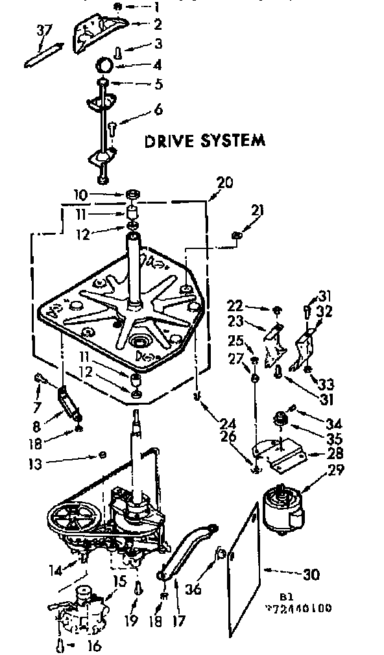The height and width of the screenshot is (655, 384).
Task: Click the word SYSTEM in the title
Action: [x=232, y=140]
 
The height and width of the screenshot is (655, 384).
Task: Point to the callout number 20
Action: [x=225, y=182]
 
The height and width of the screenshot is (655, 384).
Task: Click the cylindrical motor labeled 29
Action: [x=283, y=510]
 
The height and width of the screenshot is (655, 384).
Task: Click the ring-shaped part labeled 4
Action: [x=106, y=65]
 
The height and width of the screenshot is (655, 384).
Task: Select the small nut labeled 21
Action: [x=237, y=234]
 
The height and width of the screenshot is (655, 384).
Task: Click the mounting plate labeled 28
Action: [x=278, y=451]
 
